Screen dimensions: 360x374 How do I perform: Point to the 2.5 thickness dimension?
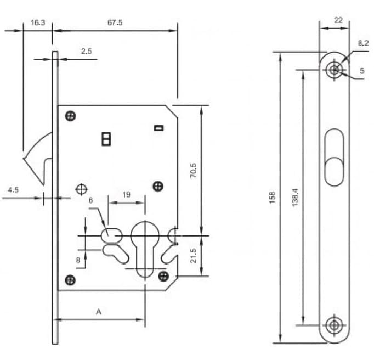(86, 51)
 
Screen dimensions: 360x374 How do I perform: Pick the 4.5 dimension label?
(13, 190)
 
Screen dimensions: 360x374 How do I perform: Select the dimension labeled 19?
(126, 194)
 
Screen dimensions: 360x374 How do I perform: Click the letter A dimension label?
(99, 311)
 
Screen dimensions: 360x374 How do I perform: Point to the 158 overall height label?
(273, 198)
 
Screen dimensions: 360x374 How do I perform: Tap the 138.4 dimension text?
(295, 198)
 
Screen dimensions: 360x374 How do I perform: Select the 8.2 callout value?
(362, 43)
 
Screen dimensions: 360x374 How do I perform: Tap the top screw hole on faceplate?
(333, 70)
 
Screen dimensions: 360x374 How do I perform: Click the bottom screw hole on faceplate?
(333, 325)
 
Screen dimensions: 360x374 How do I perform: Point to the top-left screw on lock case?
(70, 116)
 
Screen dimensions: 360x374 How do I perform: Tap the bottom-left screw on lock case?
(70, 280)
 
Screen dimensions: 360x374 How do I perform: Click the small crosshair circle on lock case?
(81, 189)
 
